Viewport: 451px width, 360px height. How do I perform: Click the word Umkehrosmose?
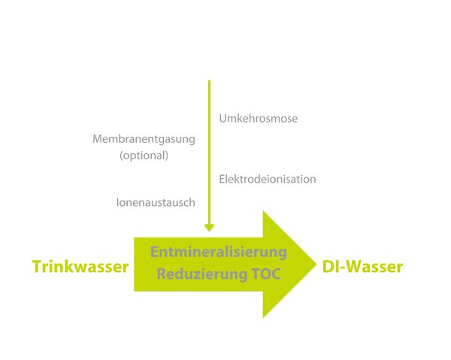click(x=259, y=118)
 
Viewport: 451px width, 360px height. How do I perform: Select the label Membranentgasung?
click(x=144, y=140)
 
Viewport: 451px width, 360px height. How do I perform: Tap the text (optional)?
click(x=144, y=156)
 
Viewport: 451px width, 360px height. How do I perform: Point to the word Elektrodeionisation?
click(x=268, y=179)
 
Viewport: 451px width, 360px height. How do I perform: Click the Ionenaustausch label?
click(x=156, y=202)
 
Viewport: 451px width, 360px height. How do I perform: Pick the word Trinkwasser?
click(x=80, y=267)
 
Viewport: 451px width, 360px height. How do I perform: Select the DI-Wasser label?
click(x=362, y=267)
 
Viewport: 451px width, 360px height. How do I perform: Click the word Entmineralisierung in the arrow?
click(x=219, y=253)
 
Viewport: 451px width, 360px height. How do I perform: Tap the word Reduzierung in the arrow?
click(x=202, y=274)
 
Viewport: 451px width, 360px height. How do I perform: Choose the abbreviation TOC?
click(x=266, y=274)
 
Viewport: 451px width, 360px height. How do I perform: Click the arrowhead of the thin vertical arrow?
click(x=209, y=228)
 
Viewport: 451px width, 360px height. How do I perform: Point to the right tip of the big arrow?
click(x=316, y=265)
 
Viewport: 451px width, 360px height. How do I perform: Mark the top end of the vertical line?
click(x=209, y=80)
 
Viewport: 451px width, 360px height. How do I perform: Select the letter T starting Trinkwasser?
click(x=37, y=267)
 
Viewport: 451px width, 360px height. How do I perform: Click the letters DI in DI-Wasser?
click(x=331, y=267)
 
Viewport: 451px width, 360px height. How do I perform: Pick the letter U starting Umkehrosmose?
click(x=223, y=118)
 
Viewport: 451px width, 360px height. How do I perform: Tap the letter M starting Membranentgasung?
click(x=98, y=139)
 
